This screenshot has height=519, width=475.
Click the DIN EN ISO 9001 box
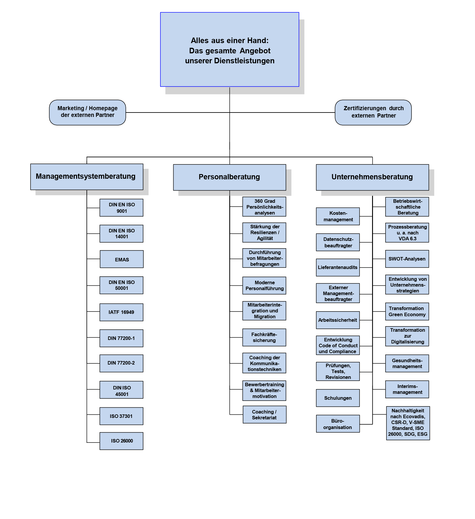[121, 208]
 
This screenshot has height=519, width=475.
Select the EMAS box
[122, 259]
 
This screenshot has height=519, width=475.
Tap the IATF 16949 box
[121, 312]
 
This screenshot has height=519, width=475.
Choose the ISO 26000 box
[121, 441]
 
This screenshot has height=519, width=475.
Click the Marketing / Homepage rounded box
[87, 112]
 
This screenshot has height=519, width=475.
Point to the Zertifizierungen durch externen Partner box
[373, 112]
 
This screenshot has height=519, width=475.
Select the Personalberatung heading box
[229, 177]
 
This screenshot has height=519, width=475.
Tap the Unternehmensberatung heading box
[372, 177]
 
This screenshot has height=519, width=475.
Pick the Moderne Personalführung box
[264, 285]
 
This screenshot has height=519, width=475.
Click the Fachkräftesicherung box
[264, 337]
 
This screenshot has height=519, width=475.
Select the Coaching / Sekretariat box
[264, 414]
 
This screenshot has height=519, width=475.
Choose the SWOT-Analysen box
[407, 259]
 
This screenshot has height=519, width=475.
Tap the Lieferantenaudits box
[338, 267]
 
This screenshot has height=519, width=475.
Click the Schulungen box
[338, 398]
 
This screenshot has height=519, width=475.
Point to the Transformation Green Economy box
[407, 311]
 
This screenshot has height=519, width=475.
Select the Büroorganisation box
[338, 424]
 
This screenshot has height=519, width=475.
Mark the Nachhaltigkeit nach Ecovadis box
[408, 423]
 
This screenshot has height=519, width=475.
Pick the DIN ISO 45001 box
[121, 390]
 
